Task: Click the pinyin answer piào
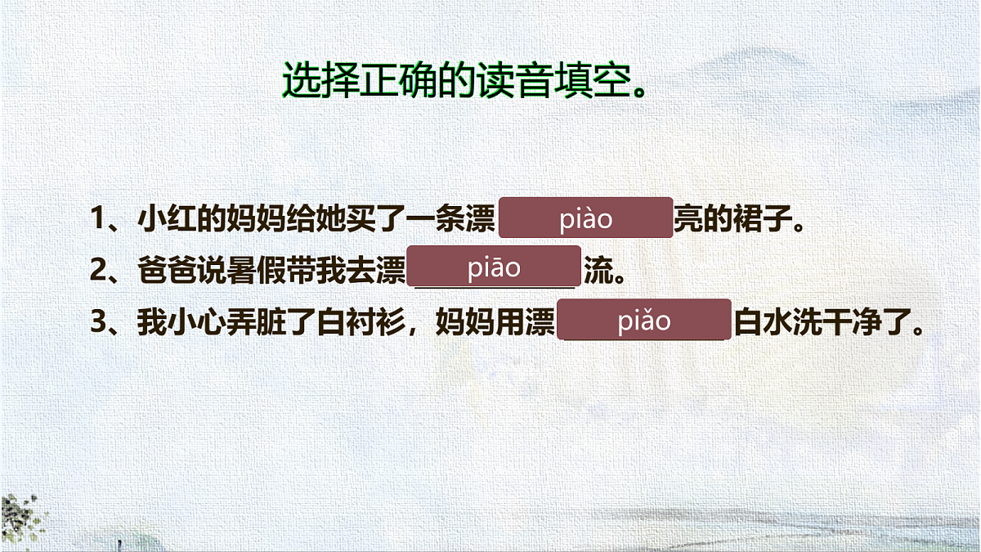pyautogui.click(x=585, y=218)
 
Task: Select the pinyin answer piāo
pyautogui.click(x=494, y=268)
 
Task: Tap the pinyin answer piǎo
pyautogui.click(x=643, y=321)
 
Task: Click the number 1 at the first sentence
pyautogui.click(x=99, y=219)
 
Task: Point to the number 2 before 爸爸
pyautogui.click(x=99, y=271)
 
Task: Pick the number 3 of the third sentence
pyautogui.click(x=99, y=322)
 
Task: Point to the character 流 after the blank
pyautogui.click(x=597, y=271)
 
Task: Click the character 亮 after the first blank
pyautogui.click(x=688, y=219)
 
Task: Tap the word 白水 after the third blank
pyautogui.click(x=764, y=322)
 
